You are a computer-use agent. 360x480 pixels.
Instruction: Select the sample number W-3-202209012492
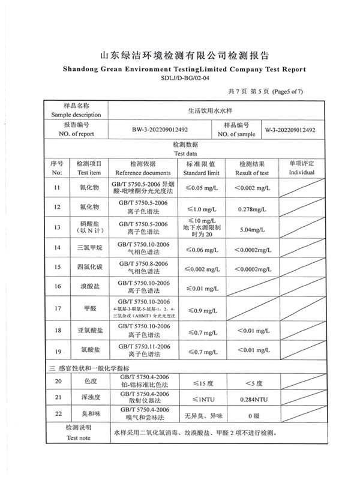[x=290, y=130]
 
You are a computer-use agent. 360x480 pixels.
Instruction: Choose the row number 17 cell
[x=58, y=309]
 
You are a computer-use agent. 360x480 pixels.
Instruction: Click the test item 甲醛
[x=89, y=309]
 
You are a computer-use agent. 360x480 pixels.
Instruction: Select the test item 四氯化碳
[x=89, y=268]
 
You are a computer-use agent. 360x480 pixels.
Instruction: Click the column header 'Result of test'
[x=252, y=172]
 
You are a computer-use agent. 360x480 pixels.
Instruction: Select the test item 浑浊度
[x=89, y=398]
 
